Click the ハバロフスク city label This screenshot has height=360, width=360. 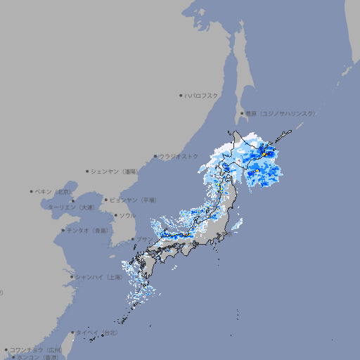coord(202,95)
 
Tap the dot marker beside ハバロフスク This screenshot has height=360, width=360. coord(181,95)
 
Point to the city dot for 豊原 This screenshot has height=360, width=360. coord(242,113)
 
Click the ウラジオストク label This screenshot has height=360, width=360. coord(179,156)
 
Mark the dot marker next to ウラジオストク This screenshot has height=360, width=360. coord(155,156)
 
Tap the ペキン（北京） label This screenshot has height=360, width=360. coord(54,191)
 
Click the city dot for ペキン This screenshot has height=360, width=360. coord(32,191)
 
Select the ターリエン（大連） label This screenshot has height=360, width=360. coord(72,207)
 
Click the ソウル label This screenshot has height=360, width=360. coord(127,215)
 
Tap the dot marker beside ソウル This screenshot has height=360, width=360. coord(115,215)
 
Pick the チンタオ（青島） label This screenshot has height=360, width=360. coord(88,230)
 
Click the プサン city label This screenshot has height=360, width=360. coord(144,239)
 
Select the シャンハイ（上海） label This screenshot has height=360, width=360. coord(98,277)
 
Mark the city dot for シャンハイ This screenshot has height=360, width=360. coord(72,277)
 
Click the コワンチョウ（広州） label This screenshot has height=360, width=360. coord(35,349)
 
